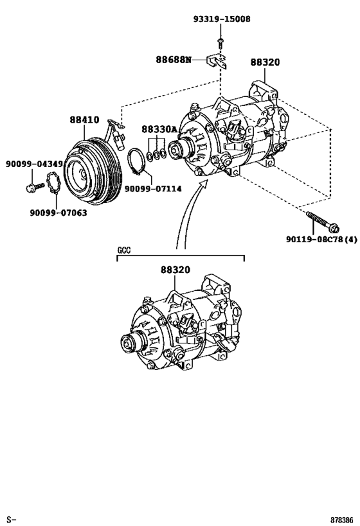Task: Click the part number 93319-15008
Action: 222,19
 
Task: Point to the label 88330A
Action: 159,129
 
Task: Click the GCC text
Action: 124,250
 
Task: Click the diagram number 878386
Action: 341,518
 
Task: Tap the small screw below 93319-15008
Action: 220,41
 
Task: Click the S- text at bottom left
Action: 10,518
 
